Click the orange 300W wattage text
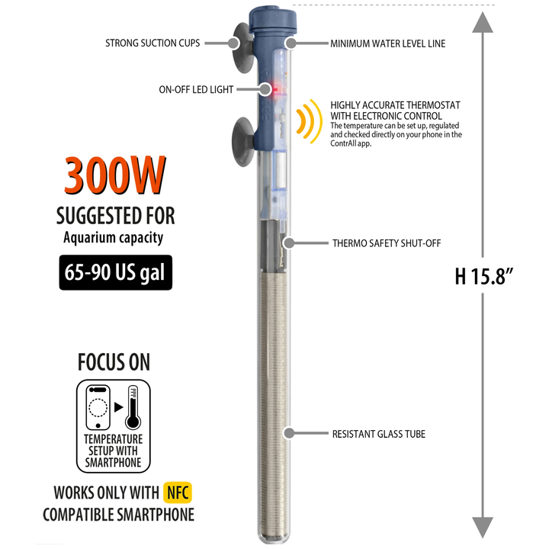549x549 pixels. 114,175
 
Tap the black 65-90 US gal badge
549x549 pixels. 116,272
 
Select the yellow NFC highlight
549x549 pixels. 178,493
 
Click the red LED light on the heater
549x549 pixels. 275,89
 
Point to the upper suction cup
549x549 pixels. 242,47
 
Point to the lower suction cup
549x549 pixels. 242,142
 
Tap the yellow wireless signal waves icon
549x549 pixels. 309,121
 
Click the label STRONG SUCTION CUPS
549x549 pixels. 152,43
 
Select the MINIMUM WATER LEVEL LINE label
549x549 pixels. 388,43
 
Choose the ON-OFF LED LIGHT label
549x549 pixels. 196,90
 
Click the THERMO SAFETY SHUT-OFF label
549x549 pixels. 387,243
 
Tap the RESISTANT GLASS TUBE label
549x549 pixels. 379,434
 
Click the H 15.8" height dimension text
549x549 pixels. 484,276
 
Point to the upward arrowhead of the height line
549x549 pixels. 483,22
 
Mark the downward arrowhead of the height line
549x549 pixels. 483,528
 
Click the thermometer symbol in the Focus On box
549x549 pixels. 133,407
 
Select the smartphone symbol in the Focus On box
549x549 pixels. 98,407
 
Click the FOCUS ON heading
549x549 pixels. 114,362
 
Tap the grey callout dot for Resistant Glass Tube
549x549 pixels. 289,433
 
